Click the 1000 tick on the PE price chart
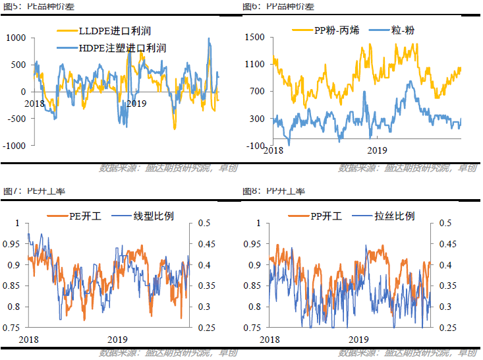[x=14, y=38]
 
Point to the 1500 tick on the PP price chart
[x=254, y=38]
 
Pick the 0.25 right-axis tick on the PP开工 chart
[x=445, y=328]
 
